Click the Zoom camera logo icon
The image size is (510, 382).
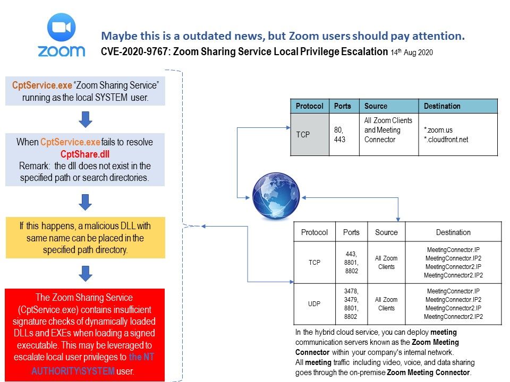tap(62, 27)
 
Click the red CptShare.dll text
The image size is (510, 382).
tap(85, 154)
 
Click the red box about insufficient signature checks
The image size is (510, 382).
tap(85, 334)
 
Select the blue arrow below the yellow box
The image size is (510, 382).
tap(86, 273)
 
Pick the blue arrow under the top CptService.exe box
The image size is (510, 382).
tap(86, 119)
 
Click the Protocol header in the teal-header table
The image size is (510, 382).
tap(309, 106)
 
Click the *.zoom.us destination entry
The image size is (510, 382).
tap(438, 129)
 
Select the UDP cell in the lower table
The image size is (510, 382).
tap(314, 304)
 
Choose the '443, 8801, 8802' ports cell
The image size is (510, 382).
tap(351, 263)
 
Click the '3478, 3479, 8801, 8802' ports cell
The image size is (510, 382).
tap(351, 304)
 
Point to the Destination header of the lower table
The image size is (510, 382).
tap(453, 232)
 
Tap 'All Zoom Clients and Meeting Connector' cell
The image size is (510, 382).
tap(388, 130)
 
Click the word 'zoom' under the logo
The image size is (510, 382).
tap(62, 51)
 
